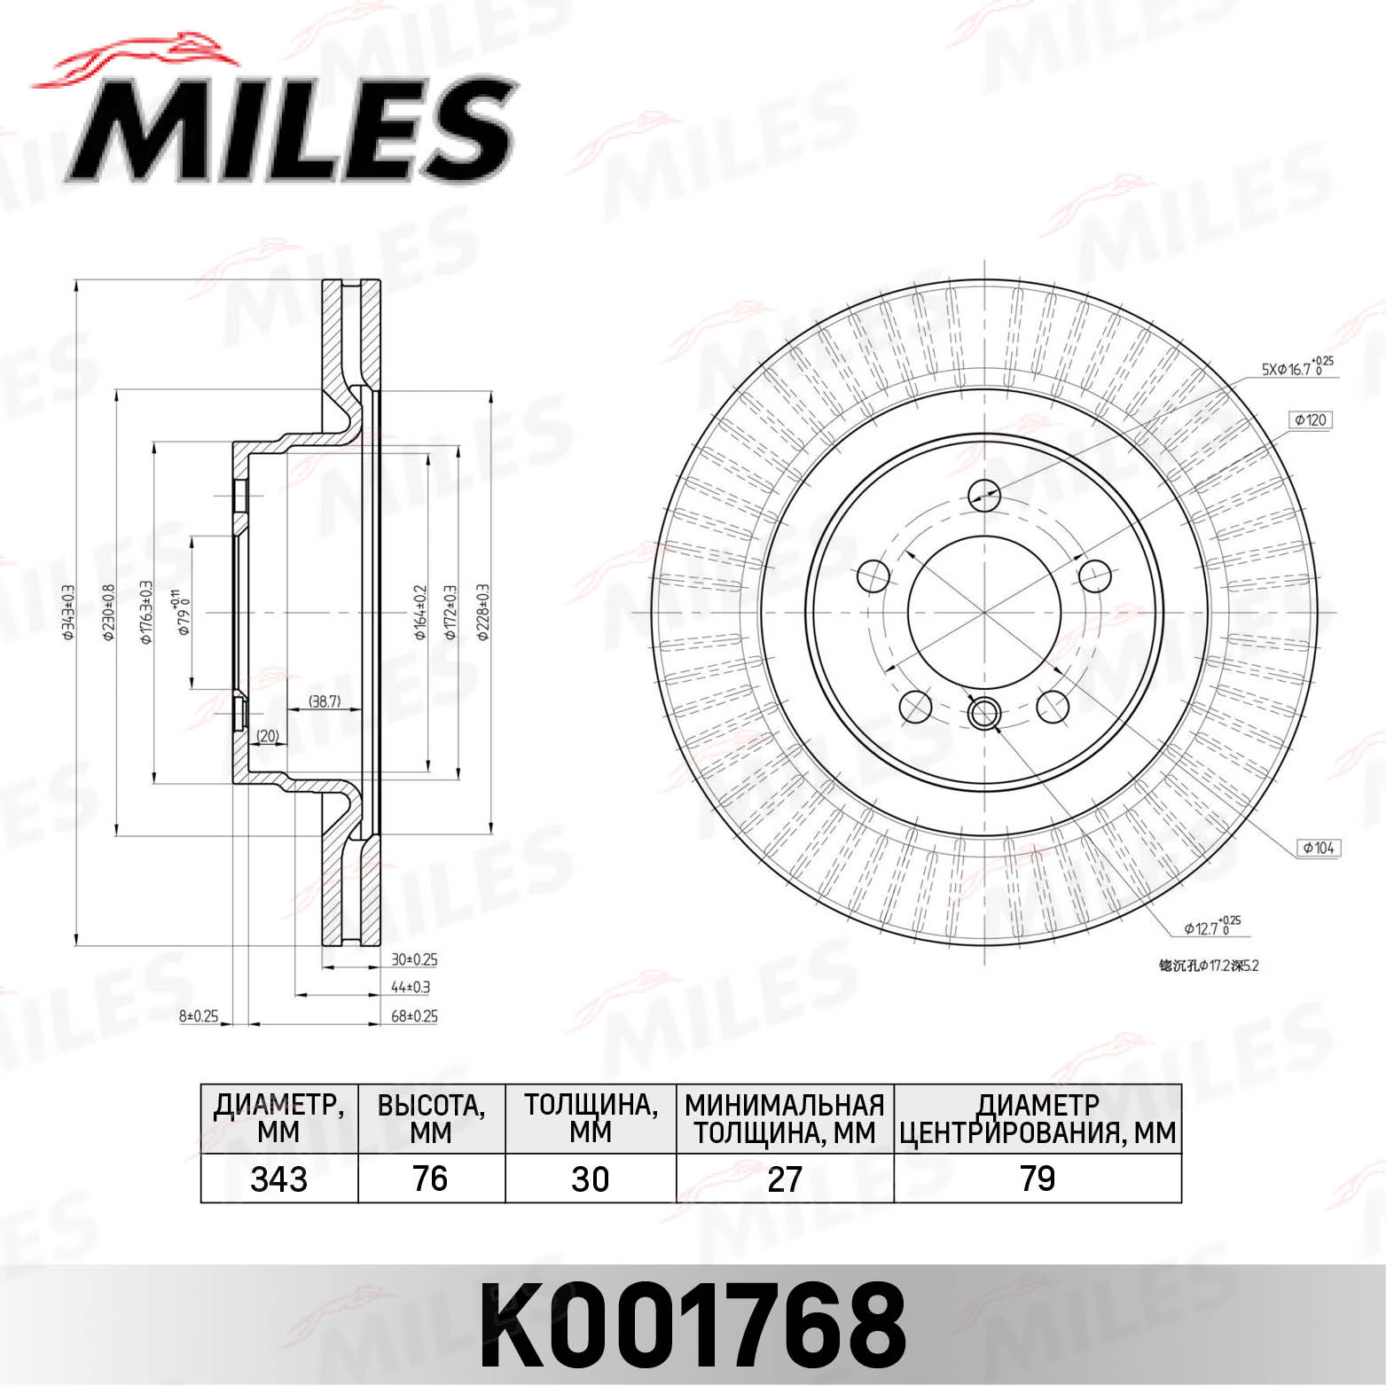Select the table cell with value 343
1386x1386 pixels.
(279, 1179)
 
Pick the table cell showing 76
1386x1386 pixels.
(430, 1179)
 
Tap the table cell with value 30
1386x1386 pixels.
(590, 1179)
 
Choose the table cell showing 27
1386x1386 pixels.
(785, 1179)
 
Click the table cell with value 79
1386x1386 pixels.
(1038, 1179)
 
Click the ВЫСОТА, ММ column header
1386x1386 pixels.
(431, 1119)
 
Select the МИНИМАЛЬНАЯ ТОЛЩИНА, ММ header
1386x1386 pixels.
(785, 1119)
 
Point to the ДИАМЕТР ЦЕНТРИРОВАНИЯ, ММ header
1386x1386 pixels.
(1038, 1119)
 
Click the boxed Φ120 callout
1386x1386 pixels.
(1311, 419)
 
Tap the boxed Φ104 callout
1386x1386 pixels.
(1319, 848)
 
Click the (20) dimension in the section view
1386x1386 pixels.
(268, 735)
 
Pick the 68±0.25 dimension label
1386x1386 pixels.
(414, 1016)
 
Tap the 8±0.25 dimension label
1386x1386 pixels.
(199, 1016)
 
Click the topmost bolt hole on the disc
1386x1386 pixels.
(983, 494)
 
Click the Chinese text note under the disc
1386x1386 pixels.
(1208, 966)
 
